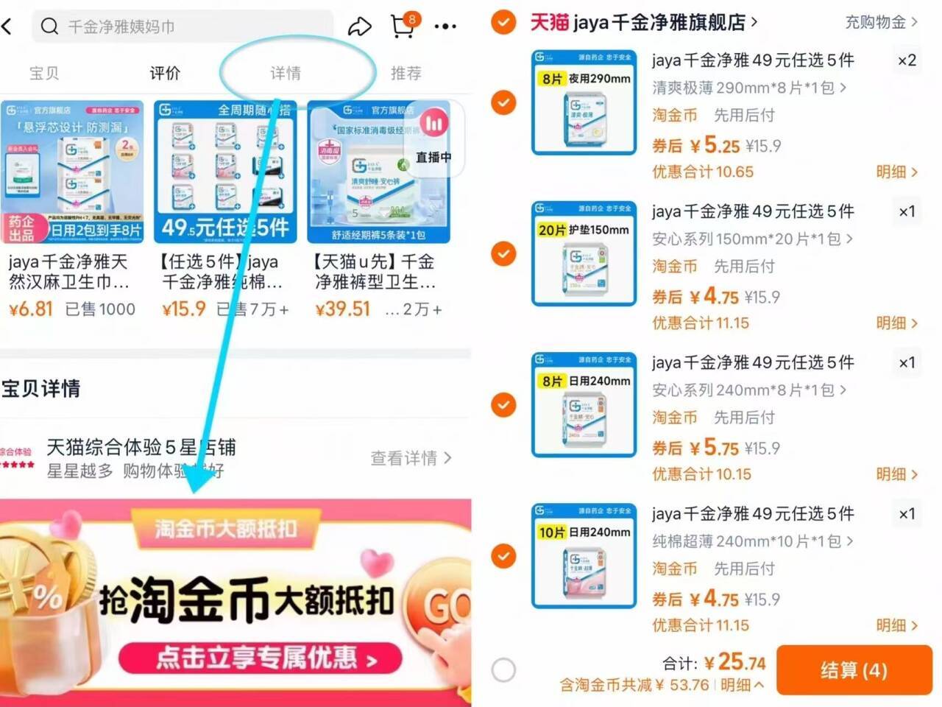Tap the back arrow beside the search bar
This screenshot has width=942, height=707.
7,27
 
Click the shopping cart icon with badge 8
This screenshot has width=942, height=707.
403,27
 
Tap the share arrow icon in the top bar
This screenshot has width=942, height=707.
359,27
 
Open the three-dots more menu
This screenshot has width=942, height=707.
445,27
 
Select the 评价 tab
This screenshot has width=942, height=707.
165,73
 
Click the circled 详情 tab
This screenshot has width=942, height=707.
286,73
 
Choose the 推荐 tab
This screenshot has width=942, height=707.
406,73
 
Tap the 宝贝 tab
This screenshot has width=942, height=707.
44,73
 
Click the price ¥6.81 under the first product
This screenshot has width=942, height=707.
31,309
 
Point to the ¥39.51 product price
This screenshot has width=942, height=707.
342,309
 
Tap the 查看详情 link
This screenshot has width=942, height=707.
410,458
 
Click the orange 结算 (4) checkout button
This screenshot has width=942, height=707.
854,670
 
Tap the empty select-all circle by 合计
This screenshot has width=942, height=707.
503,670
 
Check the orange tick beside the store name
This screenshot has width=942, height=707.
503,22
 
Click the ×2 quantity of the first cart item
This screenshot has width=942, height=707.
907,60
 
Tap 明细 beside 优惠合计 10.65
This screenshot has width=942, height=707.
896,172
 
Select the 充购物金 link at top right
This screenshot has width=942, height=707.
880,22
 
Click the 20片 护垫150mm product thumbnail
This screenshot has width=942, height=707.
584,253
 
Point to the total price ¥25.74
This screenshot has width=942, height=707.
734,662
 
